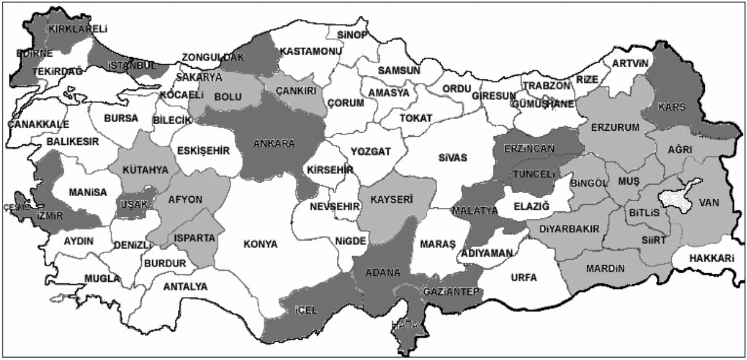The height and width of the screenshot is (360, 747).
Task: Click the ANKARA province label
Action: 274,144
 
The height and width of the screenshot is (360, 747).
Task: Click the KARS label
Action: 672,107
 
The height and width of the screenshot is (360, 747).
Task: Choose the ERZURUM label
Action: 614,127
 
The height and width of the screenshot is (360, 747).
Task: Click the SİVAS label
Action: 452,158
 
